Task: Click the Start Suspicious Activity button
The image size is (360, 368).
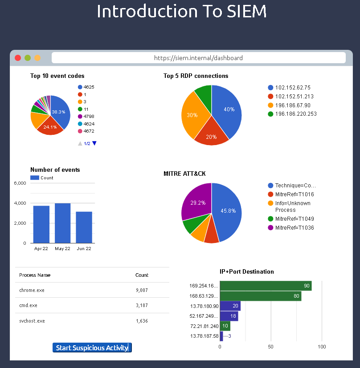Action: (x=92, y=348)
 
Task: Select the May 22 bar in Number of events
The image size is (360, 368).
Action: (x=63, y=223)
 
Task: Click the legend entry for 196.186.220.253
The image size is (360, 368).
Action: (x=296, y=114)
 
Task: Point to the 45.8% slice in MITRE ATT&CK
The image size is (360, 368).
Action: (x=227, y=211)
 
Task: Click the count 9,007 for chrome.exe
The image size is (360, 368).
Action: (x=142, y=290)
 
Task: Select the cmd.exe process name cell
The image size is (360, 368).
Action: (x=28, y=305)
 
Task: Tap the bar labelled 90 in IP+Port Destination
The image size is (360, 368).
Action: (x=266, y=286)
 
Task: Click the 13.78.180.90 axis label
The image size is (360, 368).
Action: (x=205, y=306)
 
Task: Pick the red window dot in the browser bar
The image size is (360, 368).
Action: (x=18, y=58)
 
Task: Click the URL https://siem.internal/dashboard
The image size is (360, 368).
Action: (x=198, y=58)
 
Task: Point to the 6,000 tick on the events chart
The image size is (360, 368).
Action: (x=20, y=183)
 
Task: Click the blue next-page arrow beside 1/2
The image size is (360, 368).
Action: (x=94, y=143)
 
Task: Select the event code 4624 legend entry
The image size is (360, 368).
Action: (x=89, y=124)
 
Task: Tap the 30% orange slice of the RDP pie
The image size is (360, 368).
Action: (x=192, y=115)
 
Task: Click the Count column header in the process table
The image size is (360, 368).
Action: (x=142, y=275)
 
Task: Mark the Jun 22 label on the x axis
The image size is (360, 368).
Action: (x=84, y=248)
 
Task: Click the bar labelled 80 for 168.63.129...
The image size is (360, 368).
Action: (x=260, y=296)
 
